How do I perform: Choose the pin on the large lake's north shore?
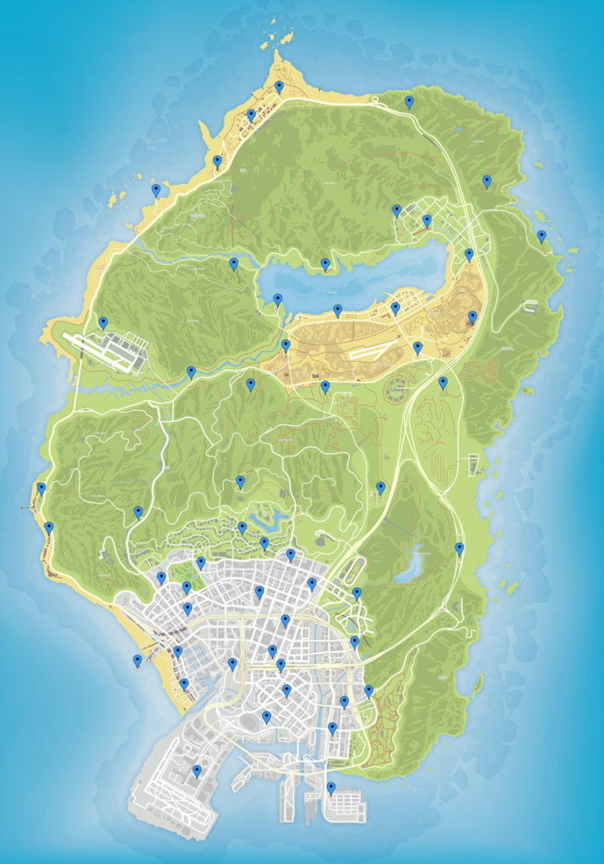(325, 264)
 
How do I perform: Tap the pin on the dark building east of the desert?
(472, 317)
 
